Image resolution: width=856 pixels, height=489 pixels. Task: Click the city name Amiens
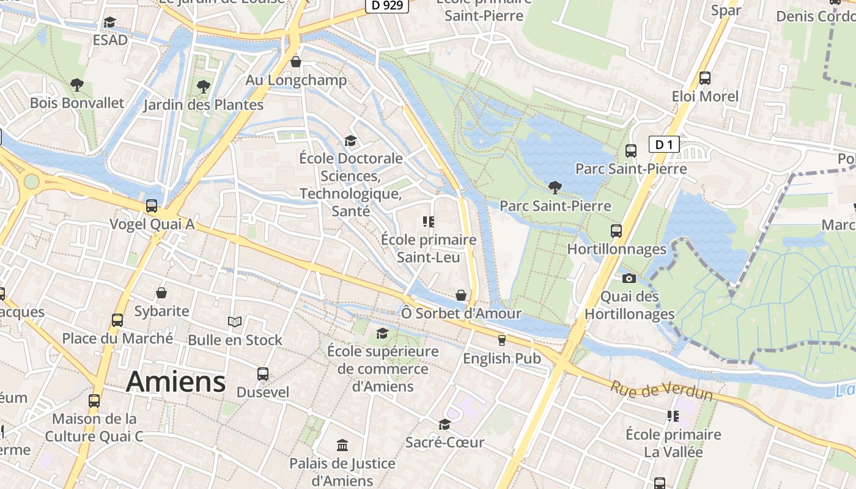coord(175,382)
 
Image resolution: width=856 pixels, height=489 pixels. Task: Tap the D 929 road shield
coord(386,6)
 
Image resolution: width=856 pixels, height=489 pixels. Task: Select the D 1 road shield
coord(664,145)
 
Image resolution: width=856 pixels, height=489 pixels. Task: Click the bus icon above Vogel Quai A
coord(151,206)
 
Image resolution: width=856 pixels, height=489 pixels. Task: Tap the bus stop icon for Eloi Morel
coord(705,78)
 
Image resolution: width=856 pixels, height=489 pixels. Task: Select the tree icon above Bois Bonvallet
coord(76,85)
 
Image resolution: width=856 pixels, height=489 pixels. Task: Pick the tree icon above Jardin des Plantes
coord(203,87)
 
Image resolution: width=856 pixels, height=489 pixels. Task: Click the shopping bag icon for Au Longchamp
coord(296,62)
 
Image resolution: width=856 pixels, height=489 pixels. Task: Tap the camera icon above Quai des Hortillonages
coord(629,279)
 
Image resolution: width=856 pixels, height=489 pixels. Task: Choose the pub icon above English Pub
coord(502,340)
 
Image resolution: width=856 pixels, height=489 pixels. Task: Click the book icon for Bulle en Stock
coord(235,322)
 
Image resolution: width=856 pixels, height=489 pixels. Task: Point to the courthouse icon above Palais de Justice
coord(342,445)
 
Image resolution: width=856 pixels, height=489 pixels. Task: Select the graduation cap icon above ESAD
coord(109,23)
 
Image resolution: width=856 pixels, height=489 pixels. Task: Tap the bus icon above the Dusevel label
coord(263,373)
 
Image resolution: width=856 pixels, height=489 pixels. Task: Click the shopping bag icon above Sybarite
coord(161,293)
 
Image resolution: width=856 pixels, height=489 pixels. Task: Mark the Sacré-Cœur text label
coord(445,442)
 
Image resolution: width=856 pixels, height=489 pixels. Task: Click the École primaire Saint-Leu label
coord(428,248)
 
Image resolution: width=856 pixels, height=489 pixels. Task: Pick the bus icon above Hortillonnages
coord(616,231)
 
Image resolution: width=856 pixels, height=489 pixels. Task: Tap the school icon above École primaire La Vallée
coord(673,416)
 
